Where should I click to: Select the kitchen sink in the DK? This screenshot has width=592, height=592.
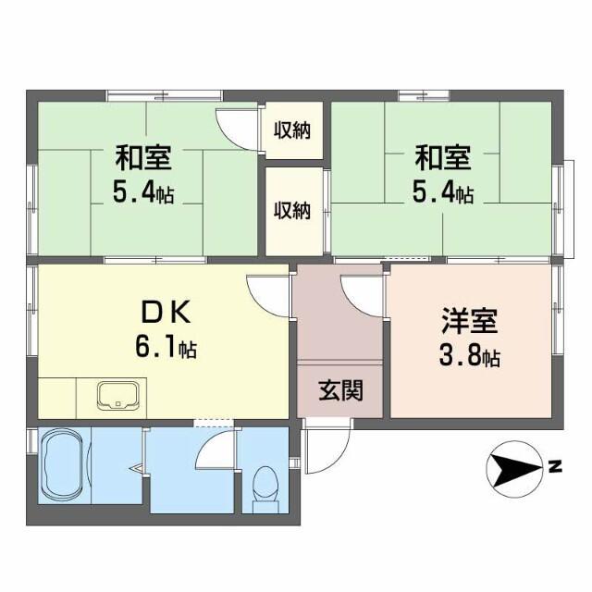coord(118,395)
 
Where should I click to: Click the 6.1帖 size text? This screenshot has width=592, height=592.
coord(165,349)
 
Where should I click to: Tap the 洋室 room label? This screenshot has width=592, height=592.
coord(468,324)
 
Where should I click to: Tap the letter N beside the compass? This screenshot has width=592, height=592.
coord(555,467)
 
